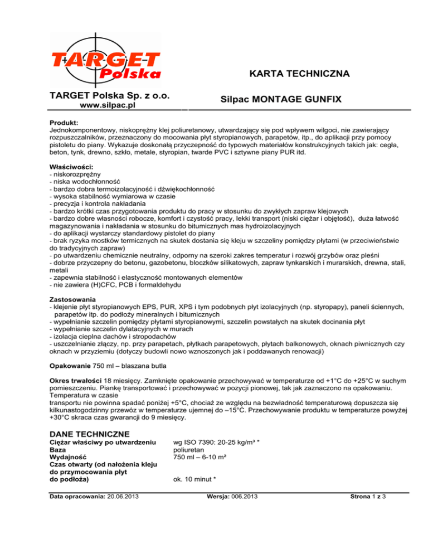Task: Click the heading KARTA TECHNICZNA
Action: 299,74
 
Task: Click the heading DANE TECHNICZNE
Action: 89,433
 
